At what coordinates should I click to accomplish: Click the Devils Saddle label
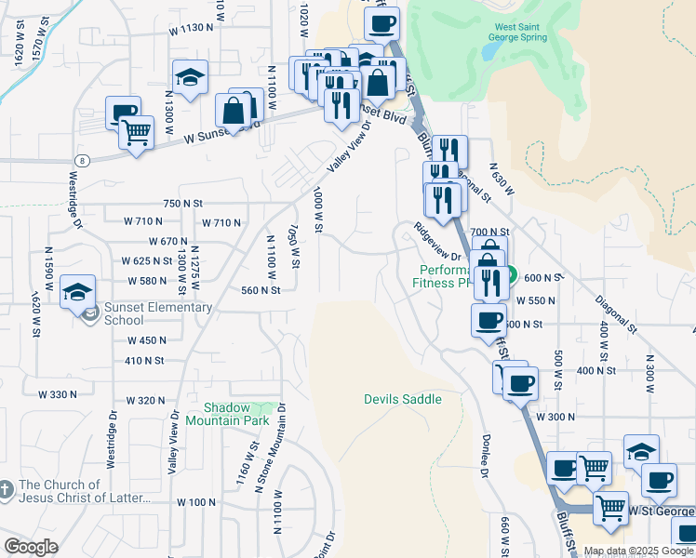coord(401,400)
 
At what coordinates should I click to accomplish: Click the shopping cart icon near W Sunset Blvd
coord(137,134)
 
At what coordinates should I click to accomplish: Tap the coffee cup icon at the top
coord(381,23)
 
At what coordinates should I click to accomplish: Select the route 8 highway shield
coord(83,160)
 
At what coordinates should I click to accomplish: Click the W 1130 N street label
coord(192,29)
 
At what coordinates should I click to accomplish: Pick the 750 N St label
coord(182,203)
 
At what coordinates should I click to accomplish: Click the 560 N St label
coord(261,290)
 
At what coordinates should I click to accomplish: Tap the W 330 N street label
coord(58,394)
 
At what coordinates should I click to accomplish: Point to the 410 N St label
coord(144,361)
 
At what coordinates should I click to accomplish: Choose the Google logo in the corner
coord(31,547)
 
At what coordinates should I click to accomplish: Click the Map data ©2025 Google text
coord(638,551)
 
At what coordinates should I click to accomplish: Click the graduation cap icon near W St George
coord(641,451)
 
